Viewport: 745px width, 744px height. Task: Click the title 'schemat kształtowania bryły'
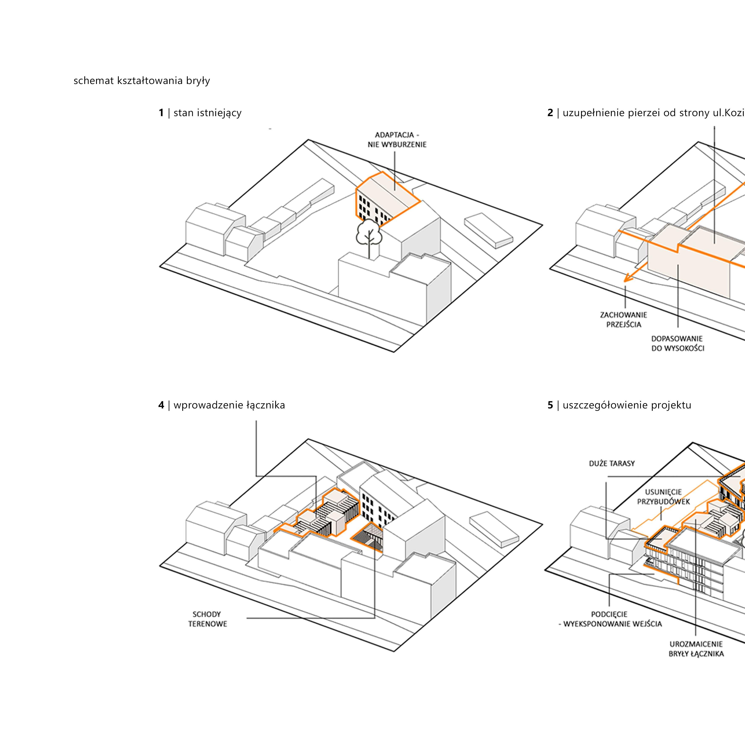(x=141, y=81)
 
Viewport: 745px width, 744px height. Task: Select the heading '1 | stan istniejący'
(x=200, y=113)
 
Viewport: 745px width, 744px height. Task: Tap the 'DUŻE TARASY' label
(x=612, y=463)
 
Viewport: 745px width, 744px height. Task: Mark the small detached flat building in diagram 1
(x=488, y=230)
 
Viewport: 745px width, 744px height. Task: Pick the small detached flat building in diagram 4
(x=494, y=528)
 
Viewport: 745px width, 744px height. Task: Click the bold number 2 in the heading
(x=550, y=113)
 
